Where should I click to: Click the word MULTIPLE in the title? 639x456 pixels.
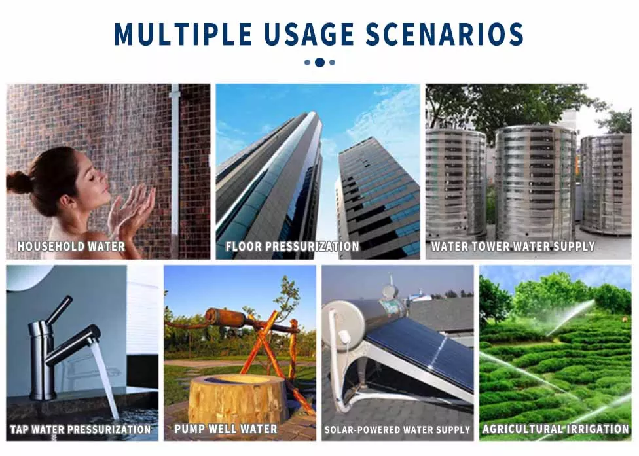click(x=183, y=34)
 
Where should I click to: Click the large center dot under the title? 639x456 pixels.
click(x=320, y=62)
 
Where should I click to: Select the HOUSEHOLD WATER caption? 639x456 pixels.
click(x=71, y=247)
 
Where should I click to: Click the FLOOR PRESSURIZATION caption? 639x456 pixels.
click(x=293, y=247)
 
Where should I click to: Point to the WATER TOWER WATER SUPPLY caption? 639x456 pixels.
click(x=513, y=247)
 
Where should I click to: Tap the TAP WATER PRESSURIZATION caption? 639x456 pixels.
click(x=81, y=429)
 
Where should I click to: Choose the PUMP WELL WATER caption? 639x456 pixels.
click(x=226, y=429)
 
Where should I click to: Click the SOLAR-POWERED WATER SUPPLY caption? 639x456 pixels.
click(x=397, y=430)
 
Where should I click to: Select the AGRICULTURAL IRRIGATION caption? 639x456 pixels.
click(x=556, y=429)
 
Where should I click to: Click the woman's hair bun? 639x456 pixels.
click(x=18, y=182)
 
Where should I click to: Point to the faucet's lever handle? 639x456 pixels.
click(x=60, y=309)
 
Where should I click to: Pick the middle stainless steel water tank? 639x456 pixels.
click(x=536, y=183)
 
